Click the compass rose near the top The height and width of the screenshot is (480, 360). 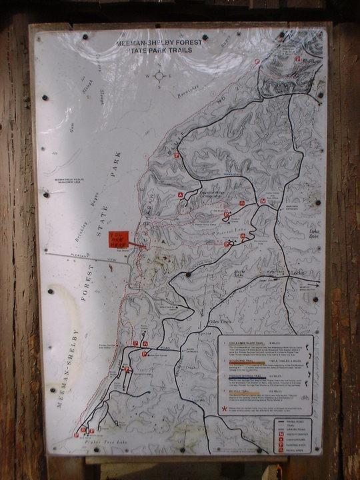tap(160, 76)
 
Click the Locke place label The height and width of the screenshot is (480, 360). tap(297, 273)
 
